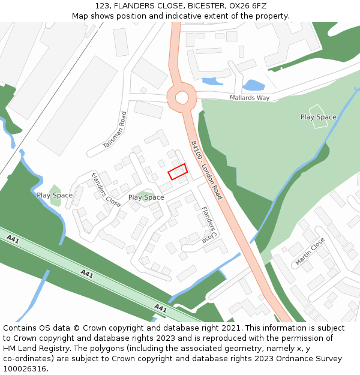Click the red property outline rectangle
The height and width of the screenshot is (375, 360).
point(178,172)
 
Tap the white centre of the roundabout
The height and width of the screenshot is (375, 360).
point(182,97)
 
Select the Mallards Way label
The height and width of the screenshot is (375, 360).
point(250,98)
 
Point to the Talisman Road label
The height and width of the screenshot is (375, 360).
point(115,130)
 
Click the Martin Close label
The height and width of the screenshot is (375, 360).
point(310,251)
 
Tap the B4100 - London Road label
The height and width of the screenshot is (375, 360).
point(206,170)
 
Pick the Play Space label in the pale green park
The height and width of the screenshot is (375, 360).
point(318,117)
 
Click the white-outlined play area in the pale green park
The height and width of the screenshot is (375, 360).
point(318,112)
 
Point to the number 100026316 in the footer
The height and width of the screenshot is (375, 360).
point(24,369)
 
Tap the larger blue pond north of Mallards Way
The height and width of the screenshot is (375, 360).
point(254,85)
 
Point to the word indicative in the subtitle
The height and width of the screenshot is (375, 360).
point(173,16)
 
